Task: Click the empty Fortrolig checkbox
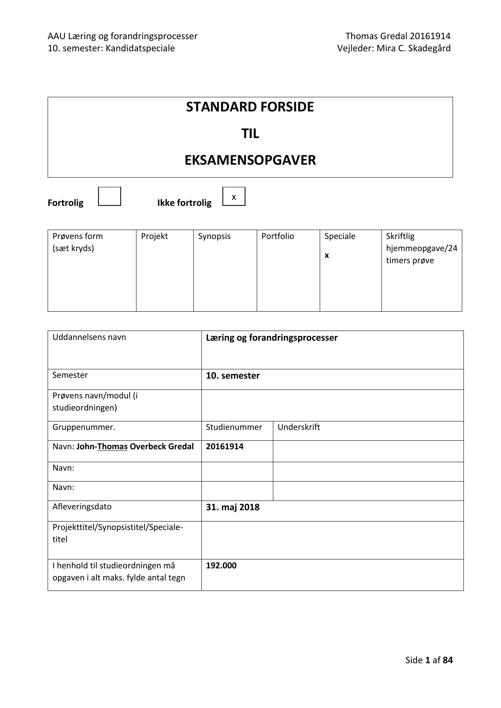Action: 109,196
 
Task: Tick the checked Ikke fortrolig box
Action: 234,197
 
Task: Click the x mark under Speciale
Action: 327,256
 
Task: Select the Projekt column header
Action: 154,236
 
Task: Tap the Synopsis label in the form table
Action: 214,236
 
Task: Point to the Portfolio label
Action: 278,236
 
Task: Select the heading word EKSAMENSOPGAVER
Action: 250,160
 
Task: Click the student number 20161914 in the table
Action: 225,446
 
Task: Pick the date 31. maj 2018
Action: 233,507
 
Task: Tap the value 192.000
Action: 221,566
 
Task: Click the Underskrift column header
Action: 299,427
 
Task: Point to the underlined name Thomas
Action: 113,446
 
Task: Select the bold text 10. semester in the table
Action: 233,376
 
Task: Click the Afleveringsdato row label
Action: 82,507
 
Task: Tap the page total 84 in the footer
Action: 448,660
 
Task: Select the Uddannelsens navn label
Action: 89,337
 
